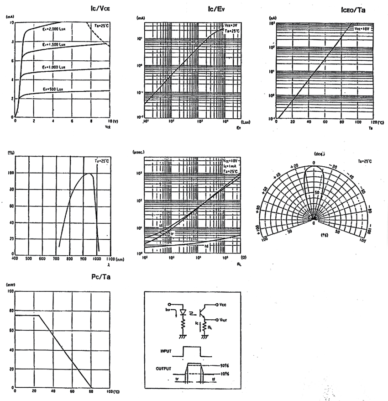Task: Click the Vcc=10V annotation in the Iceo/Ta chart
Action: (363, 28)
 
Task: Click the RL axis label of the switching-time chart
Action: (239, 264)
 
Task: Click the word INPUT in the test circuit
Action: (166, 351)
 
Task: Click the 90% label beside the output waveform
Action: (224, 365)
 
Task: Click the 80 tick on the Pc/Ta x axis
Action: (91, 392)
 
